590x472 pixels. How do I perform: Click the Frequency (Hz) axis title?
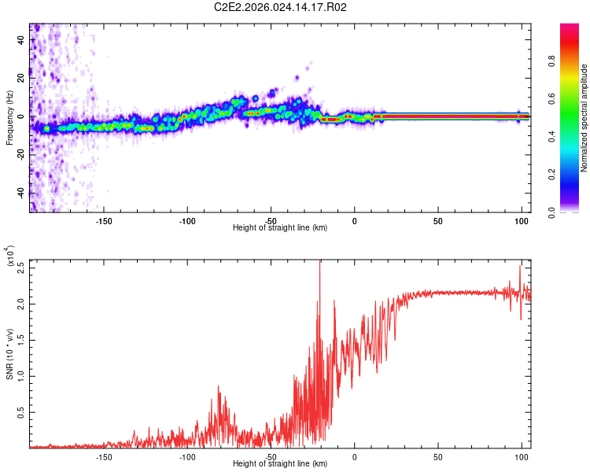(9, 118)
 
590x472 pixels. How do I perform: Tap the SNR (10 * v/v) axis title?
(9, 354)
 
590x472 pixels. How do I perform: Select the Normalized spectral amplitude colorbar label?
(584, 118)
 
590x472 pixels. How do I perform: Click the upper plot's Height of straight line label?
(280, 227)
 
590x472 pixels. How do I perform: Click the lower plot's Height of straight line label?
(280, 464)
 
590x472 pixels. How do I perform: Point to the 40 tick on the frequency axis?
(21, 42)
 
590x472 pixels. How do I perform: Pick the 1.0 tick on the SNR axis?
(21, 375)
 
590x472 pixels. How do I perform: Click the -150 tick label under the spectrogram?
(104, 220)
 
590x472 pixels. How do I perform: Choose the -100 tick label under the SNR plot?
(187, 456)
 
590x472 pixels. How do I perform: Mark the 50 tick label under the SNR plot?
(438, 456)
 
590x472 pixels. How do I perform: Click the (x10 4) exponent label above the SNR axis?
(10, 256)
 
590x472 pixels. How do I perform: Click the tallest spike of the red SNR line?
(319, 262)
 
